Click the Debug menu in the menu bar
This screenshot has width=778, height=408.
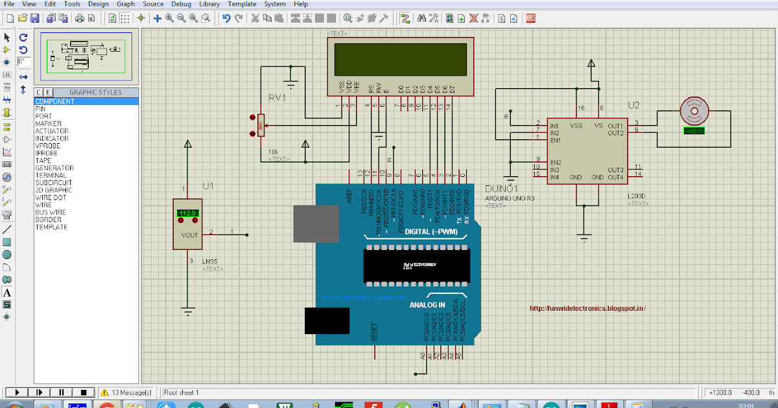point(181,4)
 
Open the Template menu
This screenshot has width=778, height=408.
point(241,4)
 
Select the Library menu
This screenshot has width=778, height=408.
point(209,4)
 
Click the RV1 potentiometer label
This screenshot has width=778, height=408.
point(277,98)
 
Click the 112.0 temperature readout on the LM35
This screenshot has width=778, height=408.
point(187,213)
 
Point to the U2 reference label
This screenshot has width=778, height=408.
point(633,106)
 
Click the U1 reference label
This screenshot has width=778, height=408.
point(207,186)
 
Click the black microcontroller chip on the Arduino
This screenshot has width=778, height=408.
point(416,266)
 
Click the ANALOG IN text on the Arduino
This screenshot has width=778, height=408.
point(427,304)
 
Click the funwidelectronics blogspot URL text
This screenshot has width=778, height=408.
point(587,309)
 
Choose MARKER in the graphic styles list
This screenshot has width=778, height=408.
point(48,124)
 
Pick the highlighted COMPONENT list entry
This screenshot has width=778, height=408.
point(54,102)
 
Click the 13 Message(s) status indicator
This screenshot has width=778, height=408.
point(126,392)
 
